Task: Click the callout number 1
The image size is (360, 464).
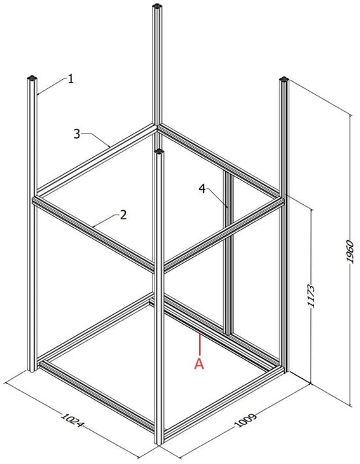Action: tap(71, 79)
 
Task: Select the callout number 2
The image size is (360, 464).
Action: tap(124, 215)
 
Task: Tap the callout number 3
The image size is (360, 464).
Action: tap(77, 134)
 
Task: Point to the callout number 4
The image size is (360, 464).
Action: tap(202, 188)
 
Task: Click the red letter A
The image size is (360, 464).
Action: tap(199, 364)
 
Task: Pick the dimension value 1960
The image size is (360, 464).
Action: tap(350, 251)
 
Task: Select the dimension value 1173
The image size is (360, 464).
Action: tap(311, 296)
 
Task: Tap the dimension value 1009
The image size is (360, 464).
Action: tap(245, 420)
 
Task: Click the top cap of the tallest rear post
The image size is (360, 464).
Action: tap(156, 6)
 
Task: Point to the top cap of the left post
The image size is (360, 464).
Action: tap(31, 78)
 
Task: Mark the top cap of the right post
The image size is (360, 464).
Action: tap(284, 79)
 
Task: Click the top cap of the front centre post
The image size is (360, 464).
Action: tap(159, 152)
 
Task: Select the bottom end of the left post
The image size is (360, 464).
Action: tap(31, 369)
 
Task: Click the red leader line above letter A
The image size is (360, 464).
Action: tap(200, 344)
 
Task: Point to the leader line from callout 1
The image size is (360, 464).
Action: tap(52, 86)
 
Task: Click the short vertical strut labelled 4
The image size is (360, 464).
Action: tap(228, 254)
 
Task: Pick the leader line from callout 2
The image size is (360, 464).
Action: tap(106, 221)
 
